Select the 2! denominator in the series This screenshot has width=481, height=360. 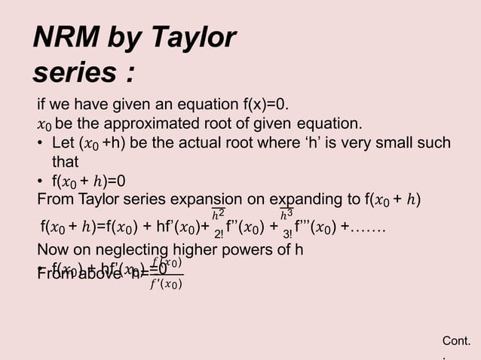point(219,236)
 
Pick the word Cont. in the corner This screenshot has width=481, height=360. point(457,342)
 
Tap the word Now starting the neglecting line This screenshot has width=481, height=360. point(53,250)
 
